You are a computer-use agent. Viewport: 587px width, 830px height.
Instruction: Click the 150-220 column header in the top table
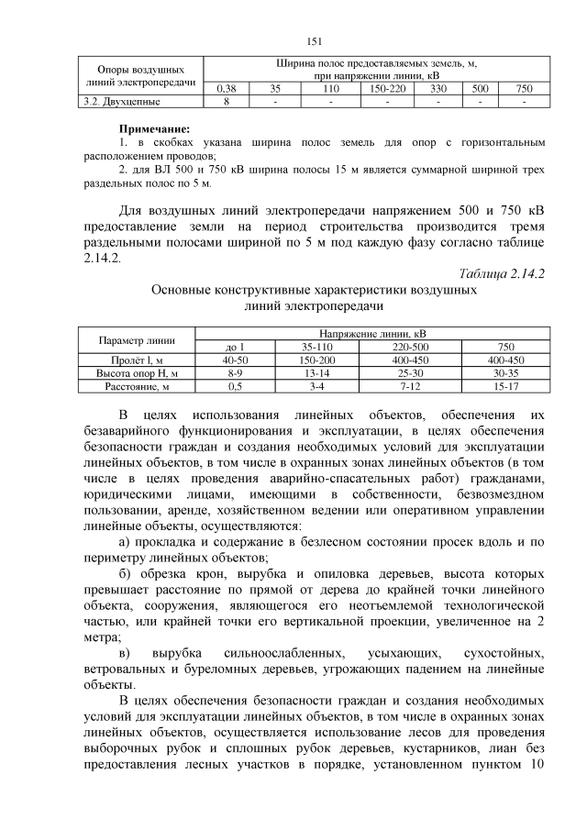pyautogui.click(x=388, y=89)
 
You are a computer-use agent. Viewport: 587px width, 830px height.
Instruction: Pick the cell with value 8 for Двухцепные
pyautogui.click(x=226, y=101)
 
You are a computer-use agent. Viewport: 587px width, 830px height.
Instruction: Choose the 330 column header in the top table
pyautogui.click(x=437, y=89)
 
